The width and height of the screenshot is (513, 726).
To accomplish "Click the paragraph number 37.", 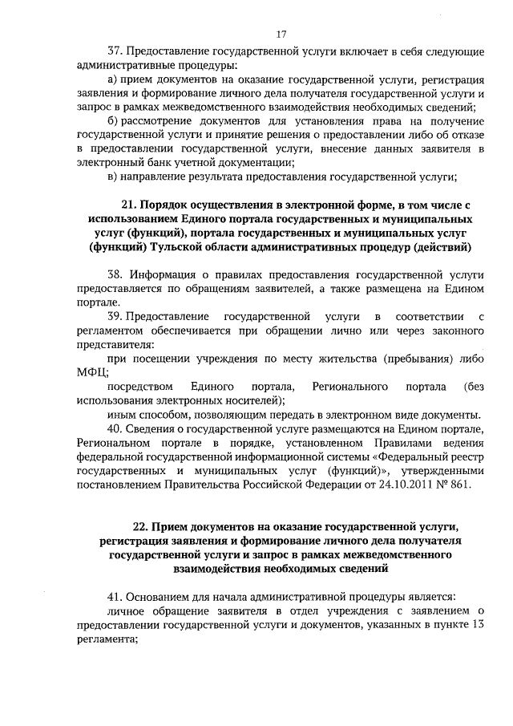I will [x=113, y=51].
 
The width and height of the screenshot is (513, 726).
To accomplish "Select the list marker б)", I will [x=112, y=121].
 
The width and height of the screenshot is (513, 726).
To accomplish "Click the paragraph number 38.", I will [x=113, y=274].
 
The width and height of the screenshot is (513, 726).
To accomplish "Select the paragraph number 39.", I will [x=113, y=316].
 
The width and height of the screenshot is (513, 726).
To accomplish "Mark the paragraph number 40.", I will [x=113, y=428].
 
